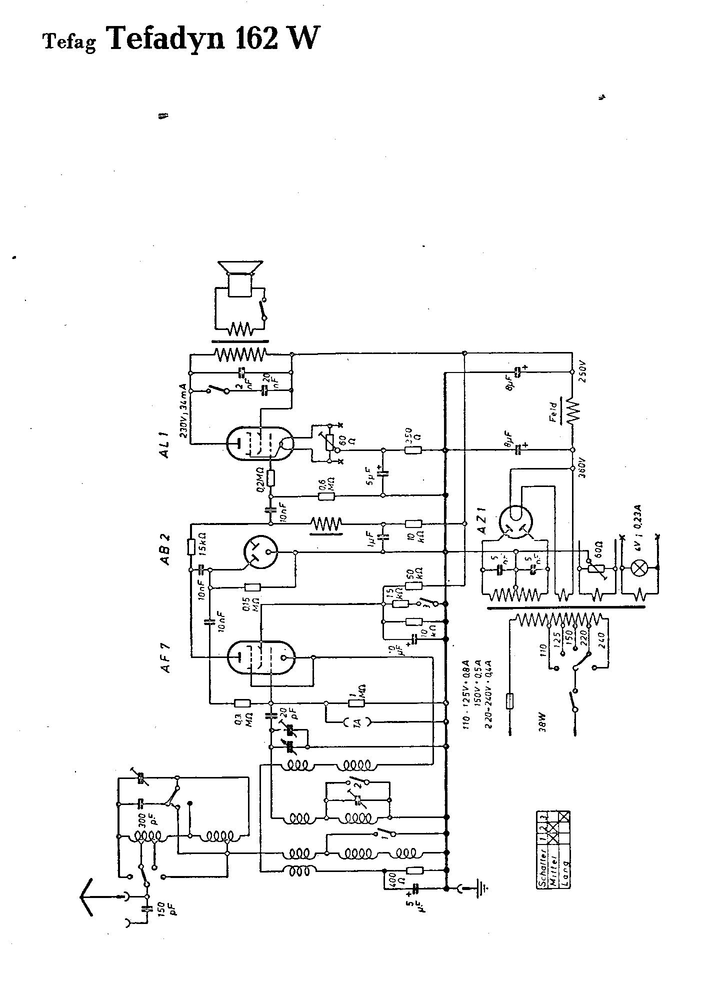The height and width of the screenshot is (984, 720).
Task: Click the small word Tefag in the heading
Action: coord(70,42)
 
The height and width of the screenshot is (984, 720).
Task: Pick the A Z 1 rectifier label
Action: coord(483,522)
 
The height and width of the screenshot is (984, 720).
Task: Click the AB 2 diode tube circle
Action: coord(260,552)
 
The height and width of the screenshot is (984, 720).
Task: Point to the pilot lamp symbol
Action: coord(638,568)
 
